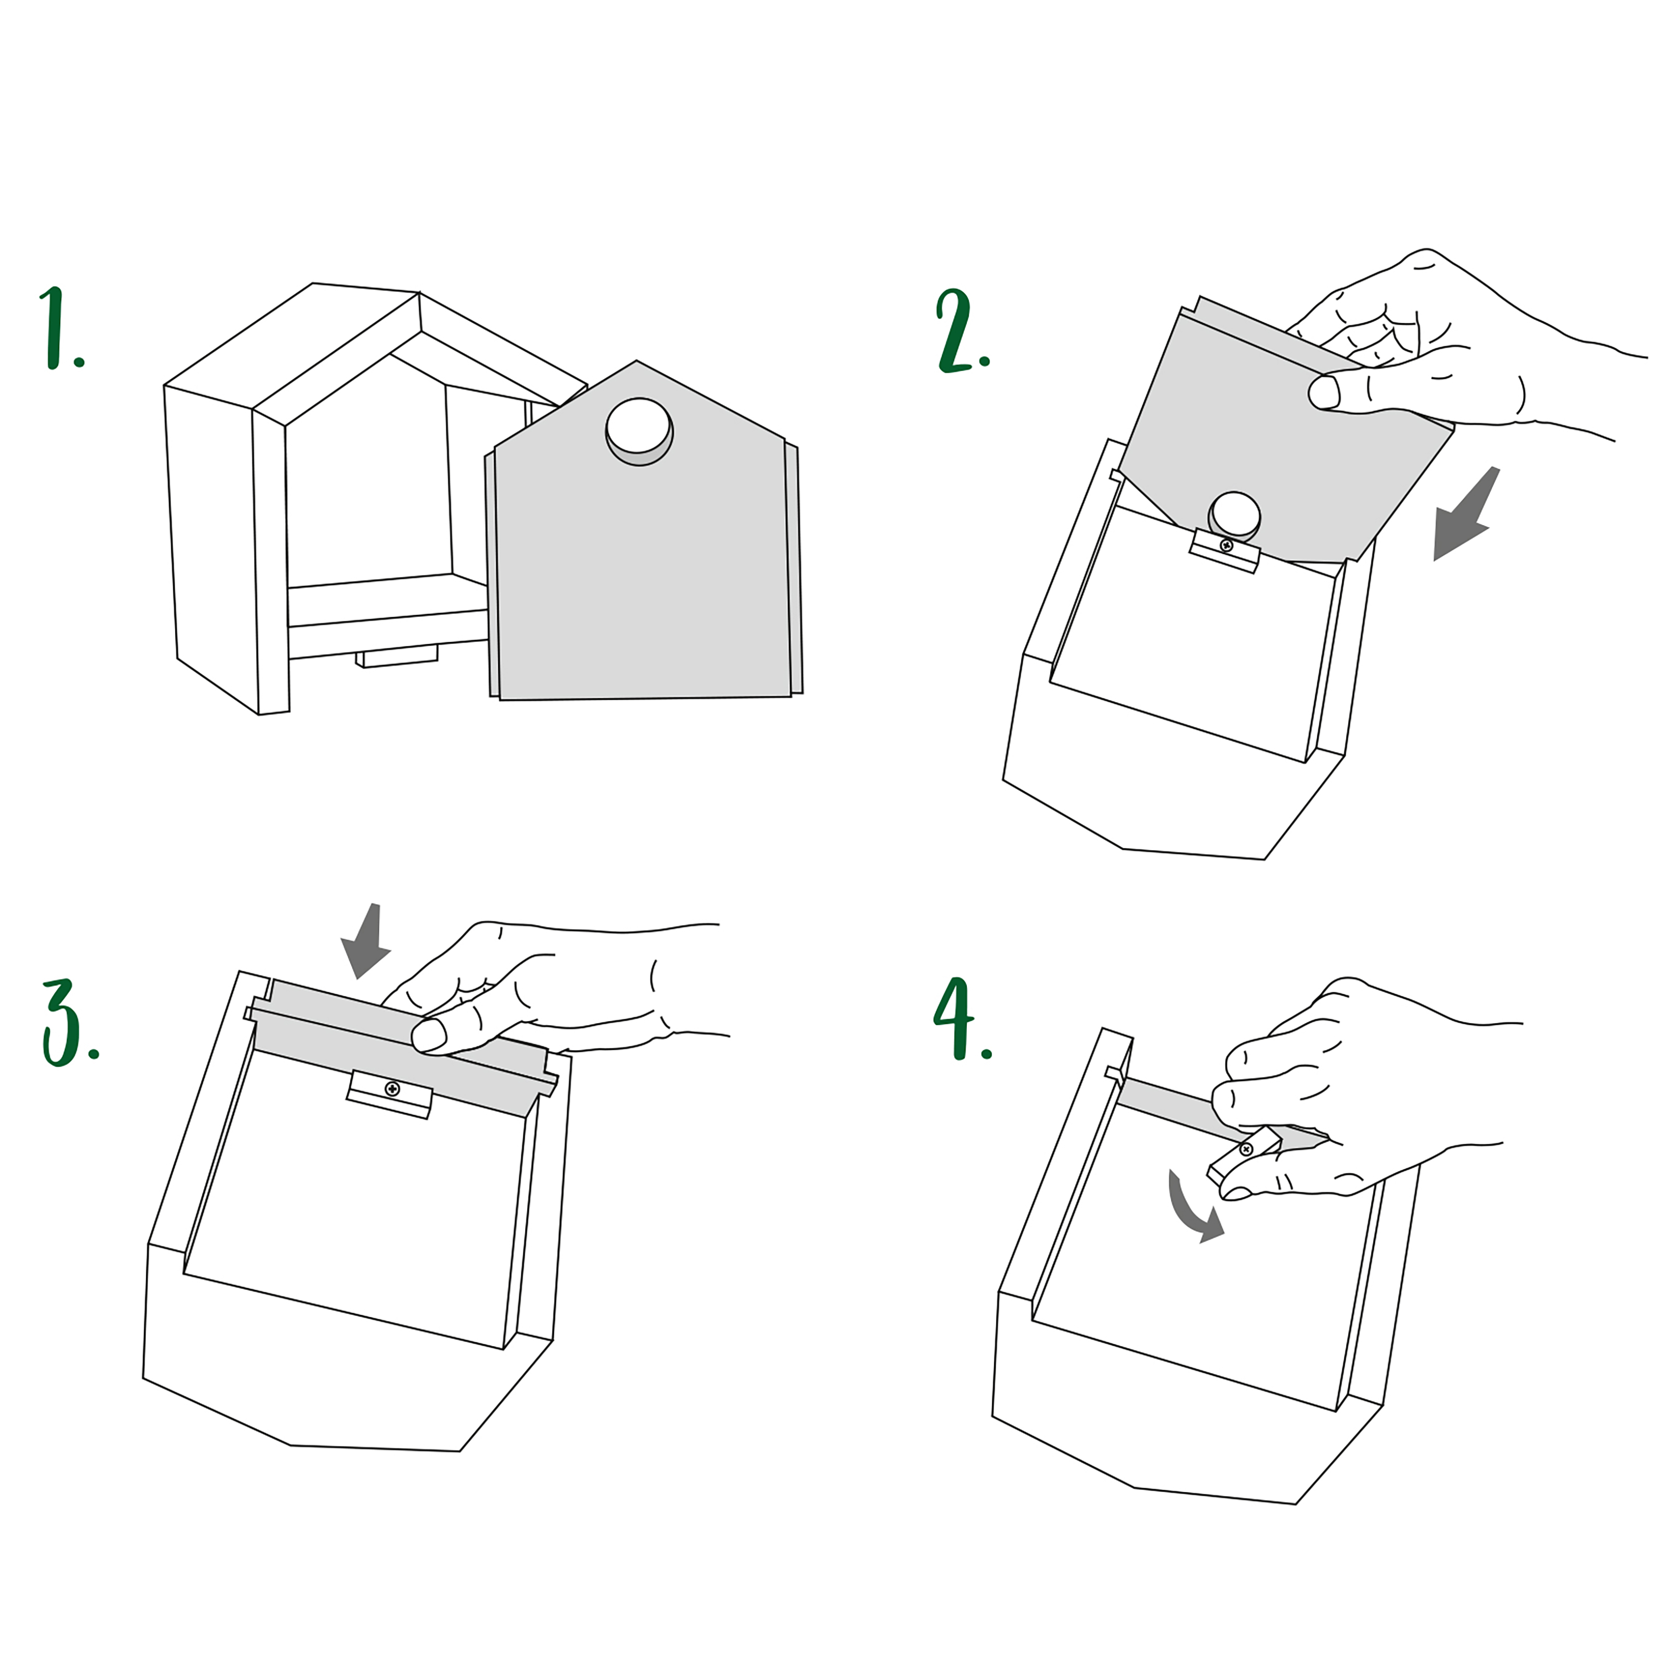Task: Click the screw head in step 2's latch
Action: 1226,545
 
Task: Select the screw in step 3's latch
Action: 392,1089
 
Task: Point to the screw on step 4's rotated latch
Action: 1246,1149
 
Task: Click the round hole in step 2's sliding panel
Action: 1234,517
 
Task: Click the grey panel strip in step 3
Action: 401,1046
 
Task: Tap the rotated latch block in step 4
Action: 1244,1156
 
